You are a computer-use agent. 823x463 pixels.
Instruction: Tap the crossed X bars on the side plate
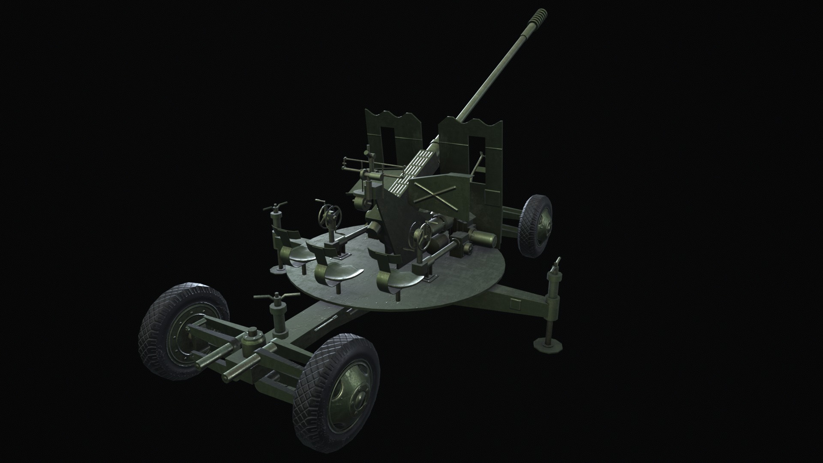[x=435, y=195]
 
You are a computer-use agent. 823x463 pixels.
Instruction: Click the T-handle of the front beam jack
[x=276, y=296]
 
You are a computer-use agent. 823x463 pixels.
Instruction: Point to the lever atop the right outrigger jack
[x=557, y=265]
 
